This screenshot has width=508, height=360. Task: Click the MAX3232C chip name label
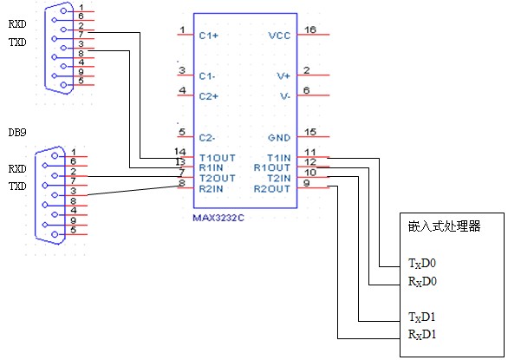tap(218, 218)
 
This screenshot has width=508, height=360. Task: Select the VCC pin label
tap(279, 36)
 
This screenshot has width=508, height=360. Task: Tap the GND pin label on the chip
tap(279, 138)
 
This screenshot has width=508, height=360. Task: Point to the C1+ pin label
tap(209, 36)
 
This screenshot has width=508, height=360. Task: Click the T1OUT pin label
tap(217, 158)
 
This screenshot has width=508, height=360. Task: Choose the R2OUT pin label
tap(272, 189)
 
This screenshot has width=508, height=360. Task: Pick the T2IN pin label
tap(278, 178)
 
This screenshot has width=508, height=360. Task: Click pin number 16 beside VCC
tap(310, 29)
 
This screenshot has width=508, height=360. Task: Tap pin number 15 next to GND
tap(310, 132)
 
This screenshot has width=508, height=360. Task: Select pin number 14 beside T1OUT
tap(180, 152)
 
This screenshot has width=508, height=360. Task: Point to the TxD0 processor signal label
tap(422, 263)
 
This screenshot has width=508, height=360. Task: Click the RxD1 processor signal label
tap(422, 334)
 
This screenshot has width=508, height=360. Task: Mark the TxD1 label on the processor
tap(422, 317)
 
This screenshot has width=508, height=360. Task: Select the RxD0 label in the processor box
tap(422, 281)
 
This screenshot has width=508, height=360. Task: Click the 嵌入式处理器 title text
tap(444, 226)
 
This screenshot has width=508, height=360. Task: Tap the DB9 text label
tap(17, 133)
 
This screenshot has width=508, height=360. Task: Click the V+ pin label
tap(283, 75)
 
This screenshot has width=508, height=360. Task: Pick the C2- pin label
tap(207, 138)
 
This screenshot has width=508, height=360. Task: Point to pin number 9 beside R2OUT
tap(307, 183)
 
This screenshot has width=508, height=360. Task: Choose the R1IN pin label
tap(211, 167)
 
